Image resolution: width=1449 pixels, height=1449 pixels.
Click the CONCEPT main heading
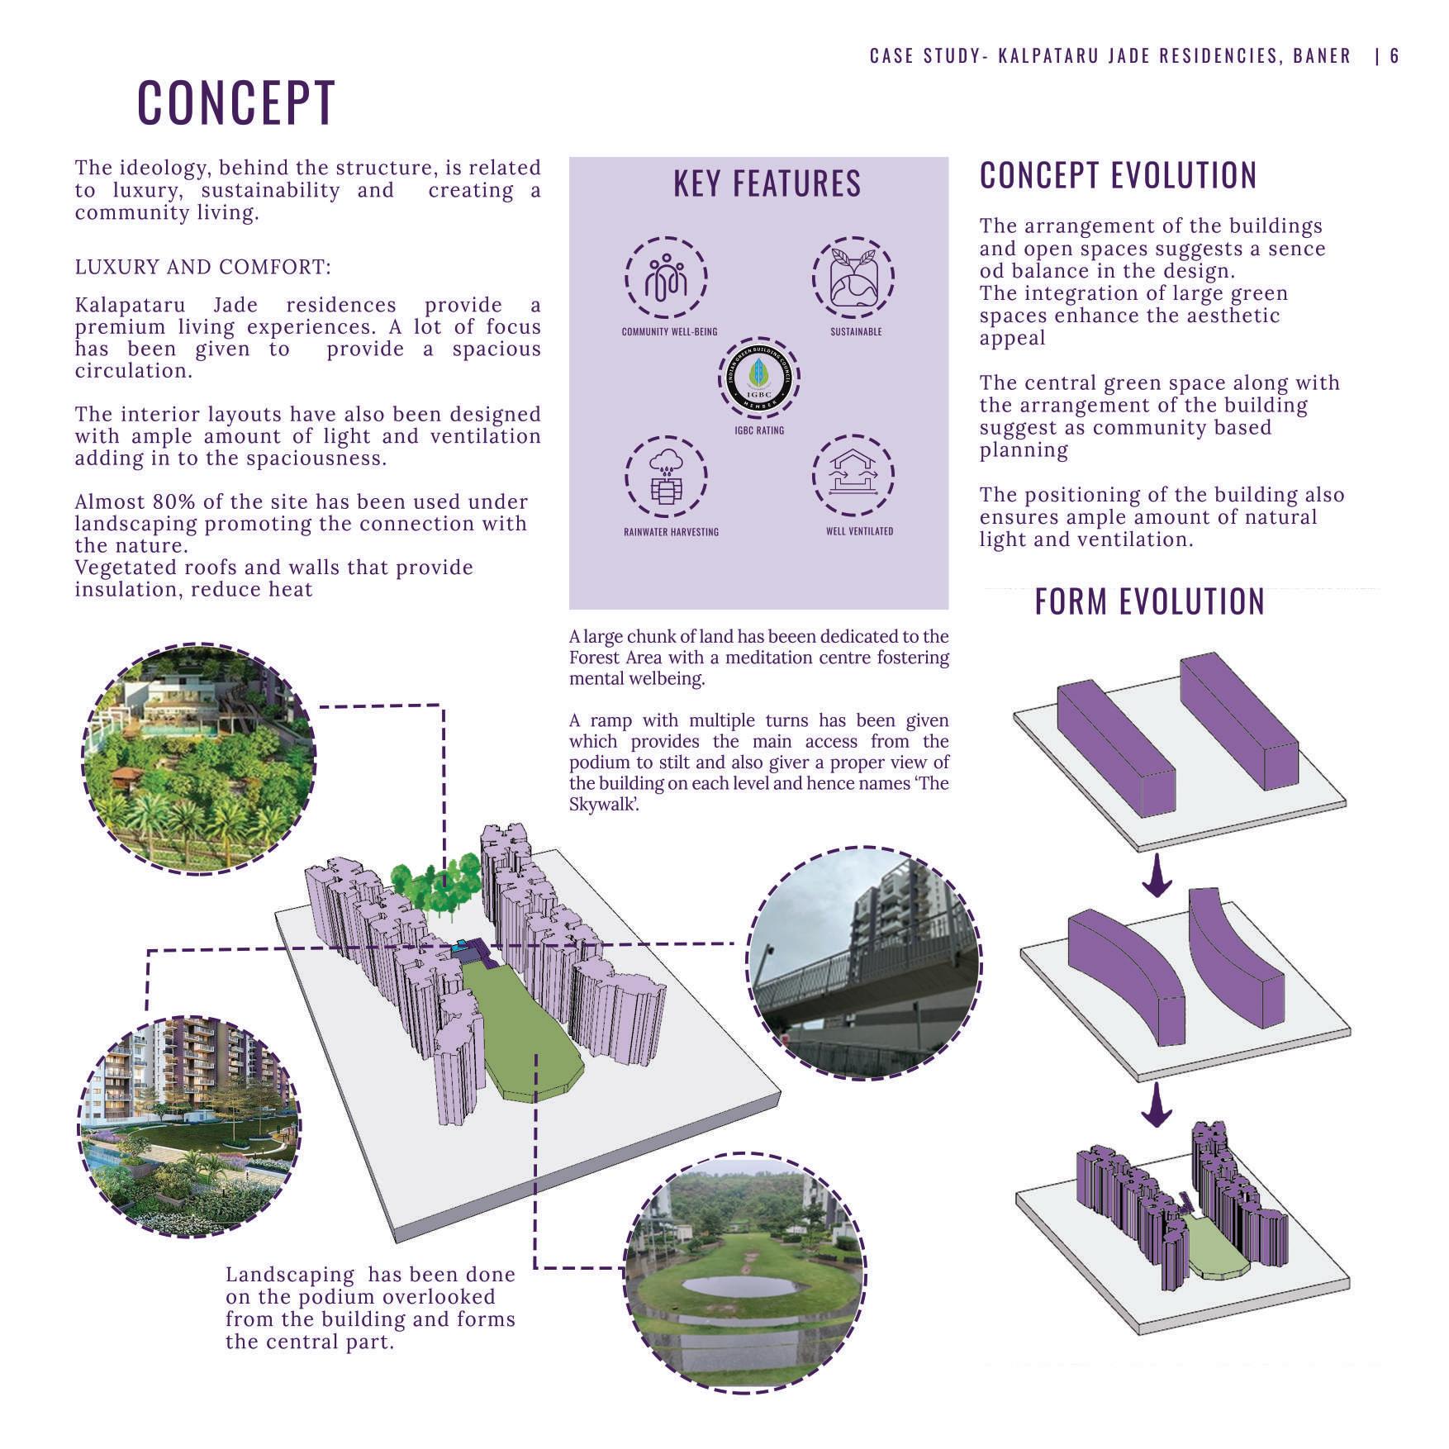click(236, 102)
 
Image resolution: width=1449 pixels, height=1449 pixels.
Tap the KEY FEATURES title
click(767, 183)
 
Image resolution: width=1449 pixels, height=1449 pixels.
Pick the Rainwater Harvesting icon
click(666, 477)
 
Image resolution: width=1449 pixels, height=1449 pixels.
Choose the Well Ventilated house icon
click(853, 477)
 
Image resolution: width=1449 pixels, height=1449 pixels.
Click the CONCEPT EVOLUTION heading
click(1118, 176)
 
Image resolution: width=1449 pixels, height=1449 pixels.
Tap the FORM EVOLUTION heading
click(1149, 601)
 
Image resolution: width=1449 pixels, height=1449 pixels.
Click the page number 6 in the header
click(1394, 56)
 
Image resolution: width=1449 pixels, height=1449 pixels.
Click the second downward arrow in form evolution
click(1157, 1105)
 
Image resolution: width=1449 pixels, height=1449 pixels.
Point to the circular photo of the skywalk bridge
click(863, 963)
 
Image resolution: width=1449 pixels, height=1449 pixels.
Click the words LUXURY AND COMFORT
click(202, 268)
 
